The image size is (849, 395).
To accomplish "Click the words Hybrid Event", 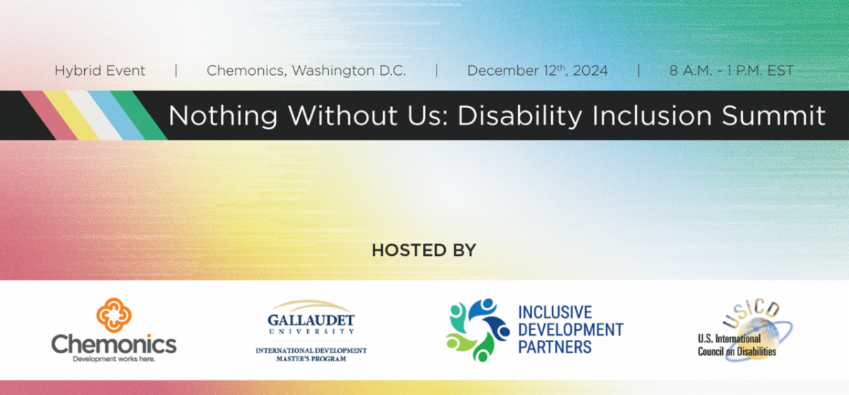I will coord(100,71).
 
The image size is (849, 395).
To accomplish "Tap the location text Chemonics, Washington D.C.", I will coord(306,71).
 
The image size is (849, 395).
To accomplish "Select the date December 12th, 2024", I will coord(537,71).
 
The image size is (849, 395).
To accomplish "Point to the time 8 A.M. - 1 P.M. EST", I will coord(732,71).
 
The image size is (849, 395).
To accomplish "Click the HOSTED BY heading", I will coord(424,251).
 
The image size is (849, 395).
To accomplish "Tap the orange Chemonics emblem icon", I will coord(115,315).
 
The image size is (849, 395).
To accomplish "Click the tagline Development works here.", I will coord(114,358).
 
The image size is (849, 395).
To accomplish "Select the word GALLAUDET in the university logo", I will coord(311,319).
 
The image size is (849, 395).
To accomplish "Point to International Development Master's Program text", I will coord(311,354).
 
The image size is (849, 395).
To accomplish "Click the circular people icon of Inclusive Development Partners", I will coord(478,330).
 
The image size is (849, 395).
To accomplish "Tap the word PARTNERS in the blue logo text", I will coord(555,347).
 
